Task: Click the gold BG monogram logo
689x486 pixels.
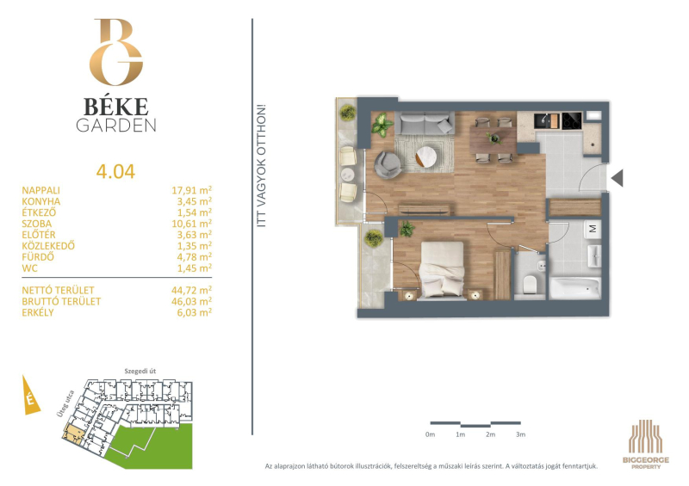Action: point(116,52)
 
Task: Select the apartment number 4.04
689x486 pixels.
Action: point(115,172)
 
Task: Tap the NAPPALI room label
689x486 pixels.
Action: point(40,191)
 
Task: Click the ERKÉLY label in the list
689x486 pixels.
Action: point(38,312)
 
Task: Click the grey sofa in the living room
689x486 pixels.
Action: point(425,122)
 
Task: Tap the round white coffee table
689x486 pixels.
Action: point(425,157)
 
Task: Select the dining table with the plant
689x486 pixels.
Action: point(493,139)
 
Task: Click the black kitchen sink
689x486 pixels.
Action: point(548,120)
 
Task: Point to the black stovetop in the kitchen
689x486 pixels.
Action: point(572,120)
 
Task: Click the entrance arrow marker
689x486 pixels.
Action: point(617,178)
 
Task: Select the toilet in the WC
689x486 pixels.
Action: point(530,284)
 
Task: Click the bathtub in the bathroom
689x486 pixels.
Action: point(574,288)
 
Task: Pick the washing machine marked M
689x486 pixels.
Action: point(593,229)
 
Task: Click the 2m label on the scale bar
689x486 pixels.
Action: point(490,434)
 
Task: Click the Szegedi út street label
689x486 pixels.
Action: point(140,371)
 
